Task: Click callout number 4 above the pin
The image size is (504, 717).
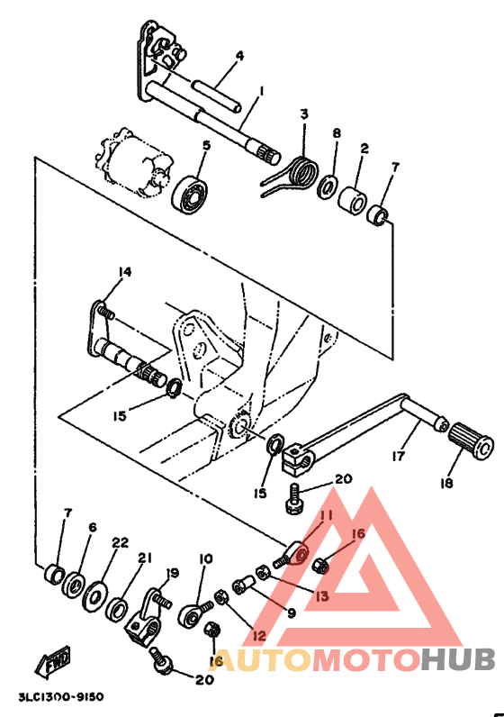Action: click(x=238, y=56)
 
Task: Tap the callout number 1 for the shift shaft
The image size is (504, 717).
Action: click(x=261, y=91)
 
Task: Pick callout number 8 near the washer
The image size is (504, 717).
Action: click(x=336, y=133)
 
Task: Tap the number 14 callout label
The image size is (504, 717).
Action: click(x=124, y=271)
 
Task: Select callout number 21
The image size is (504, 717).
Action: click(x=142, y=558)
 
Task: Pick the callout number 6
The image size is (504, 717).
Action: click(x=92, y=528)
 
